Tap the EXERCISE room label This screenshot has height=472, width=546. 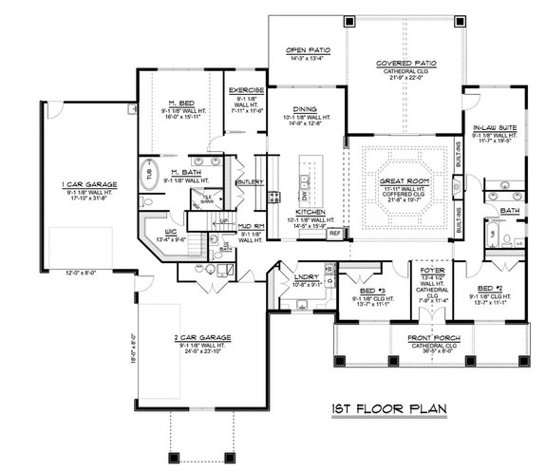pos(246,90)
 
